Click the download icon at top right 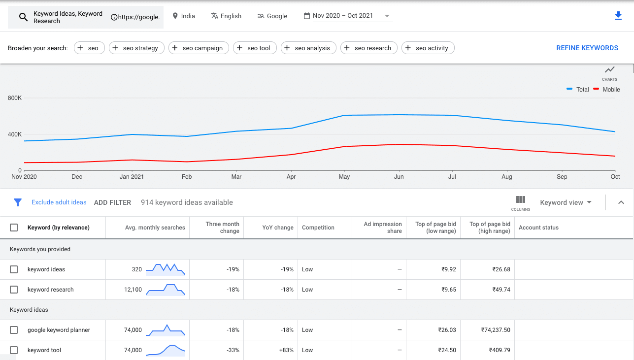point(618,16)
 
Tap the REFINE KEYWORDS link point(587,48)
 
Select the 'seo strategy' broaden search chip point(136,48)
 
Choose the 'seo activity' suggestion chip point(428,48)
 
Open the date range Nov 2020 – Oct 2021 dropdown point(348,16)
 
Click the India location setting point(183,16)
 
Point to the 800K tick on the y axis point(15,98)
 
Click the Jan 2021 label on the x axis point(132,177)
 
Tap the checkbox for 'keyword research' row point(14,290)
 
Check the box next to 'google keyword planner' point(14,330)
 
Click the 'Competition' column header point(318,228)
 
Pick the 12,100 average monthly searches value point(133,290)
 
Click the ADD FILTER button point(112,202)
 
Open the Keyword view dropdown point(566,202)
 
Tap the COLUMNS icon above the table point(521,202)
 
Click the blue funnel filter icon point(18,202)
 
